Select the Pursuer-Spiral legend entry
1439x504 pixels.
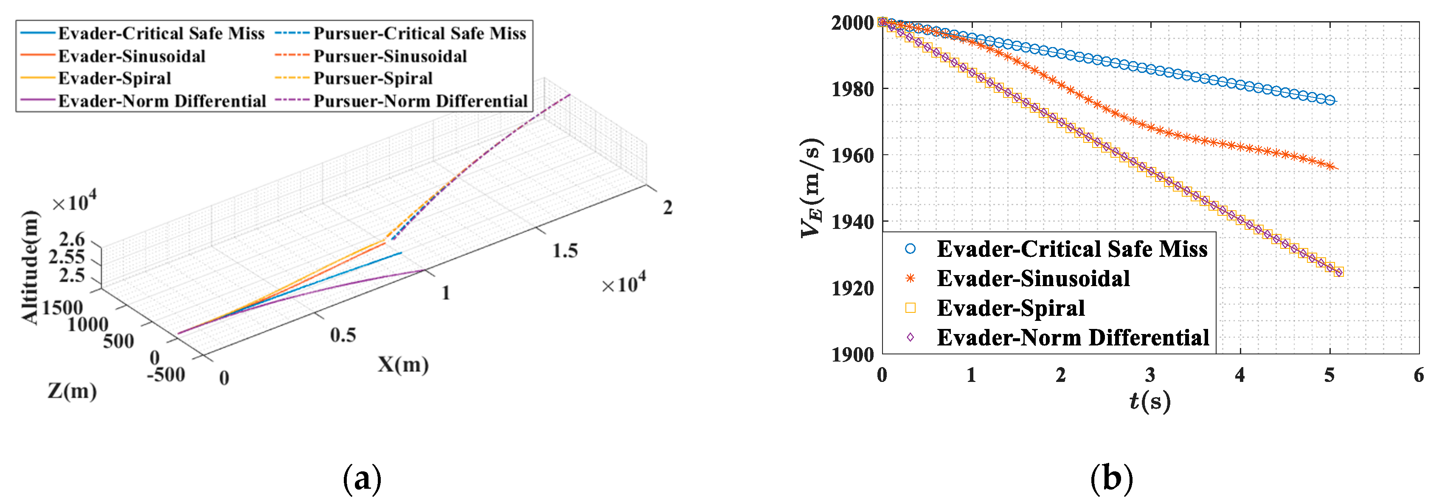373,78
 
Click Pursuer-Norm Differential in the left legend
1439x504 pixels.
420,101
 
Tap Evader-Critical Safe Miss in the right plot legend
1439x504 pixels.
1071,249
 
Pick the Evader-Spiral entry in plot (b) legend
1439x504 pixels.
1010,308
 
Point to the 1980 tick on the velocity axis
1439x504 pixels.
852,89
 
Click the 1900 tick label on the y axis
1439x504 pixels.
852,354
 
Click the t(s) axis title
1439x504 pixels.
1150,401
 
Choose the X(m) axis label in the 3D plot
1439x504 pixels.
403,365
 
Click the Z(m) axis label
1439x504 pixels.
71,391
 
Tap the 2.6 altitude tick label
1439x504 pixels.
72,239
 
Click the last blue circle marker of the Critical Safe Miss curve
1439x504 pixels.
1330,100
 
